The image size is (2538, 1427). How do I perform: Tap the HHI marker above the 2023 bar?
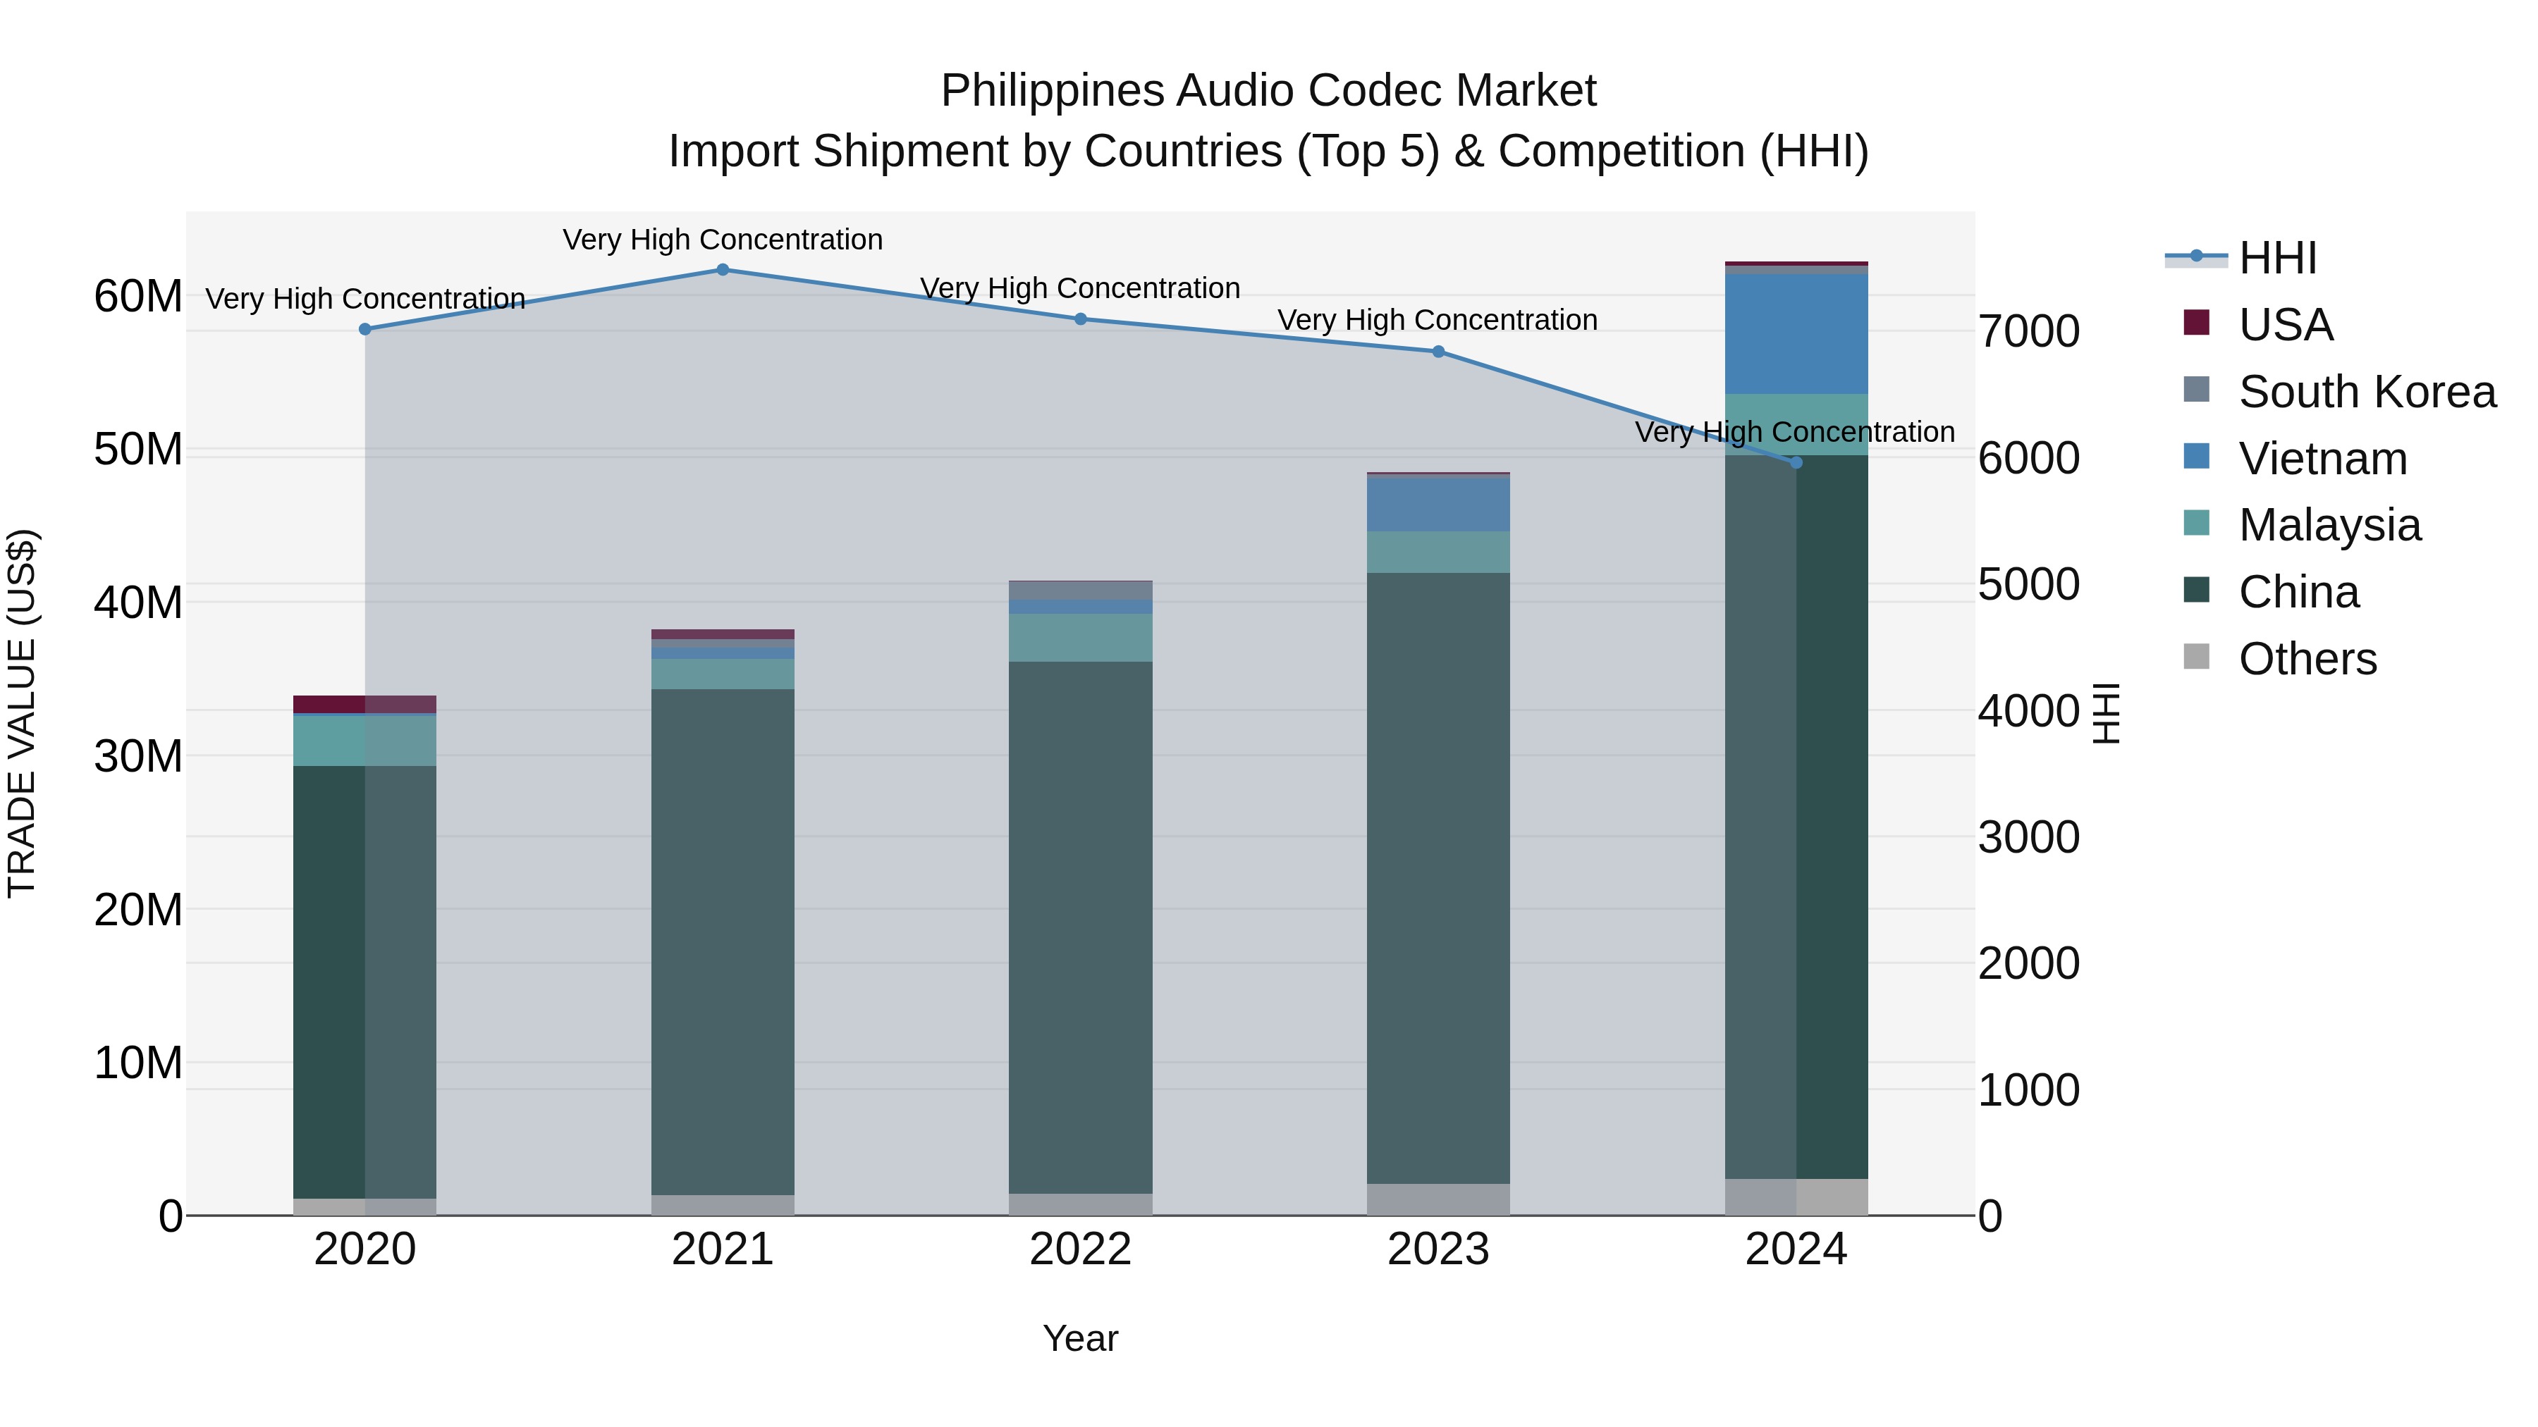(x=1437, y=352)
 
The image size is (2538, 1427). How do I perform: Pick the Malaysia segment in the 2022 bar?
(x=1080, y=637)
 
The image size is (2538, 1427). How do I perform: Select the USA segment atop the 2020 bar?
(x=364, y=704)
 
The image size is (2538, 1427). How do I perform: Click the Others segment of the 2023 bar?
(x=1437, y=1199)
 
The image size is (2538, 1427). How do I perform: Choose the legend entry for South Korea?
(x=2367, y=392)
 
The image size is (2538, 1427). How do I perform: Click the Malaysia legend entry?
(x=2329, y=525)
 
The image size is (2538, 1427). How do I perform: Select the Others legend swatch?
(x=2196, y=657)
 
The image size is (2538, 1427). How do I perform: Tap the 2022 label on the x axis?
(x=1080, y=1249)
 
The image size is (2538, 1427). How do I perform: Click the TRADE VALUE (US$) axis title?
(x=22, y=713)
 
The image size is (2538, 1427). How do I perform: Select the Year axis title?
(x=1080, y=1338)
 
